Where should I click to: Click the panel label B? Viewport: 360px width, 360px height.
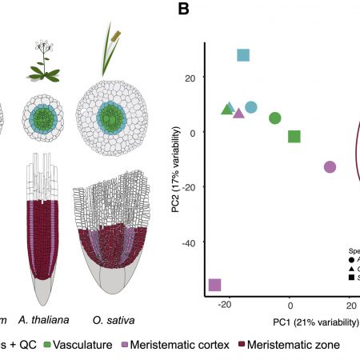pyautogui.click(x=183, y=10)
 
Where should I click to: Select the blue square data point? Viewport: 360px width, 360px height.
pyautogui.click(x=243, y=55)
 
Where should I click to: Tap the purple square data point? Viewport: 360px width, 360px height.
pyautogui.click(x=214, y=284)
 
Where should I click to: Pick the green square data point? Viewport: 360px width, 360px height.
pyautogui.click(x=294, y=137)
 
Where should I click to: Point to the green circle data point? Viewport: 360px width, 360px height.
pyautogui.click(x=274, y=118)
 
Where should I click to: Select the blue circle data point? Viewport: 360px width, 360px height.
pyautogui.click(x=251, y=107)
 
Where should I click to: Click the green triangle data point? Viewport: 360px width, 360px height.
pyautogui.click(x=227, y=109)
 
